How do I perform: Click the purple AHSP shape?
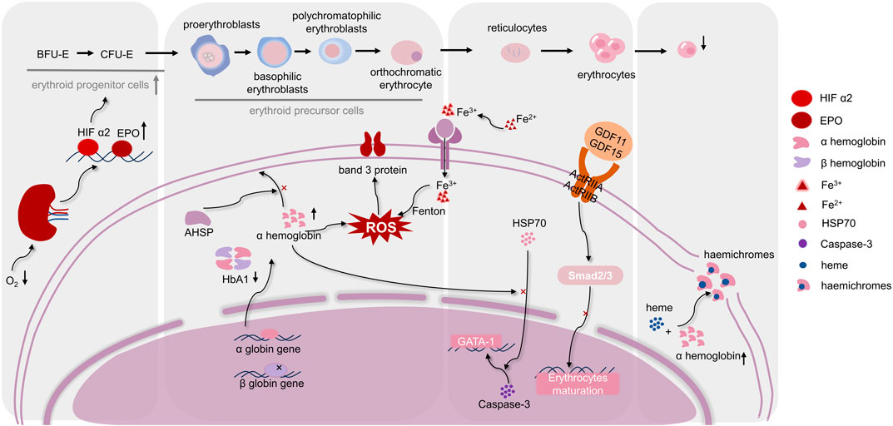coord(200,220)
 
